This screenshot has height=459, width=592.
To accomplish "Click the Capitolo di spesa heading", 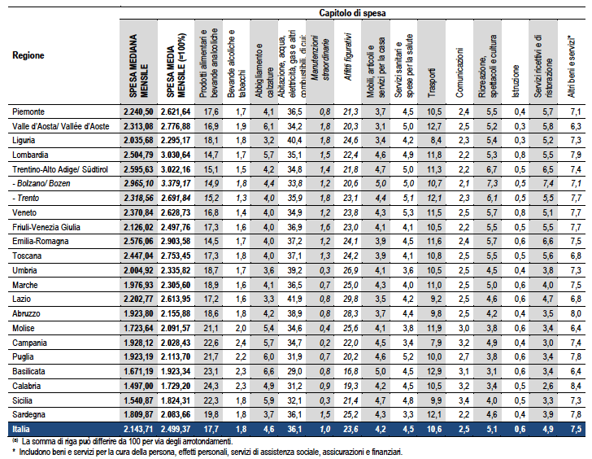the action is [352, 13].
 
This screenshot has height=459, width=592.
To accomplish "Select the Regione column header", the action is [28, 55].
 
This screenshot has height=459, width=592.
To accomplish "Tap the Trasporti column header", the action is [432, 83].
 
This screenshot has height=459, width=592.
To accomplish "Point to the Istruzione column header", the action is [516, 81].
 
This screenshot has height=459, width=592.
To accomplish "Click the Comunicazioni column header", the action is [459, 72].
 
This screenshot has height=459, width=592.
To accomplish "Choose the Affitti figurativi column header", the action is [348, 57].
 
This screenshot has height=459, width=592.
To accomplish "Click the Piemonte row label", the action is [28, 111].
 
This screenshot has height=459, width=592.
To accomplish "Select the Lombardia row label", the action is [30, 155].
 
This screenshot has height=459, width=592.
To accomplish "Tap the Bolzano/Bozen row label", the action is [43, 184].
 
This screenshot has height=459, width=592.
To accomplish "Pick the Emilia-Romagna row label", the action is [41, 242].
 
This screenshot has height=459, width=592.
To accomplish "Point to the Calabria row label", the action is [26, 386].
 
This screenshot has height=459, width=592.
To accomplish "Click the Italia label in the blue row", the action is [21, 429].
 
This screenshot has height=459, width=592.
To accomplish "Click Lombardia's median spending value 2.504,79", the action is [138, 155].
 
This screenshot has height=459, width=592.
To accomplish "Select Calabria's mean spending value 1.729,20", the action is [176, 386].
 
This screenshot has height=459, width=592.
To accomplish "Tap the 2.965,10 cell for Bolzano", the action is [138, 184].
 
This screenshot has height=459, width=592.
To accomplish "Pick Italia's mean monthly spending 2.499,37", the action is [176, 429].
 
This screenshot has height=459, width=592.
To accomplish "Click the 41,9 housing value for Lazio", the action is [294, 299].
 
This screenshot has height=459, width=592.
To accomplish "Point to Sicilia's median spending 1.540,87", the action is [138, 400].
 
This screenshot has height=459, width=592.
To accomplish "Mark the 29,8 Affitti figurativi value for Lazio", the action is [350, 299].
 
